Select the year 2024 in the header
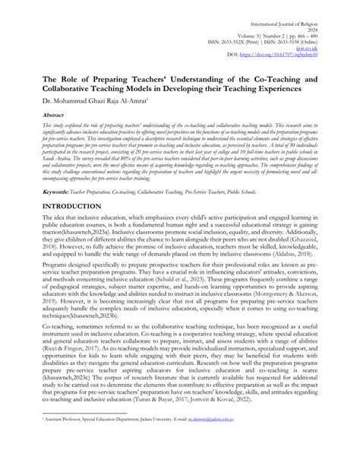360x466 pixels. click(x=337, y=16)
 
